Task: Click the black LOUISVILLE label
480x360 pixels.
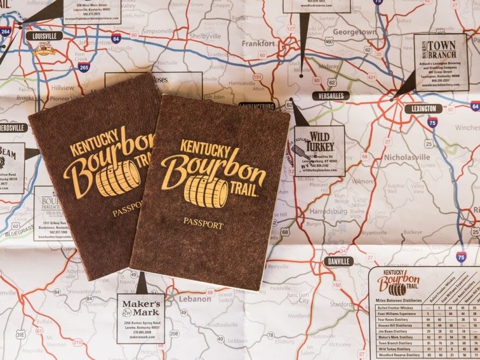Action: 44,36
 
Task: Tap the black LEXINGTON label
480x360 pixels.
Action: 423,109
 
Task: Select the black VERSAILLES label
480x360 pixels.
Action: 331,96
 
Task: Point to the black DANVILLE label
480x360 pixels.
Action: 338,261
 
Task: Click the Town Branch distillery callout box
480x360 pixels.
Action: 441,62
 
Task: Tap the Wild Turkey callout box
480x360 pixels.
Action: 320,151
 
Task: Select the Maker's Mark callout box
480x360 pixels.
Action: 140,319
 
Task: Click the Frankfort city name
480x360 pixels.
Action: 259,43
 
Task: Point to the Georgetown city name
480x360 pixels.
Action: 355,32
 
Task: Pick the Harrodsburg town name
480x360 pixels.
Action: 328,211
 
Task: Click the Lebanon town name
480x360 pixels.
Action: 195,299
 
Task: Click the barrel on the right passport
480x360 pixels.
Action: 206,191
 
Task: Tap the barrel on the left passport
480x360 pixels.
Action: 118,178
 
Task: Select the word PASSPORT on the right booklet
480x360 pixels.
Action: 203,223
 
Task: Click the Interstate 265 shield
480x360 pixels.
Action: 83,67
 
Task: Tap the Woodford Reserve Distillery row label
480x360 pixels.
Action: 398,355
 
